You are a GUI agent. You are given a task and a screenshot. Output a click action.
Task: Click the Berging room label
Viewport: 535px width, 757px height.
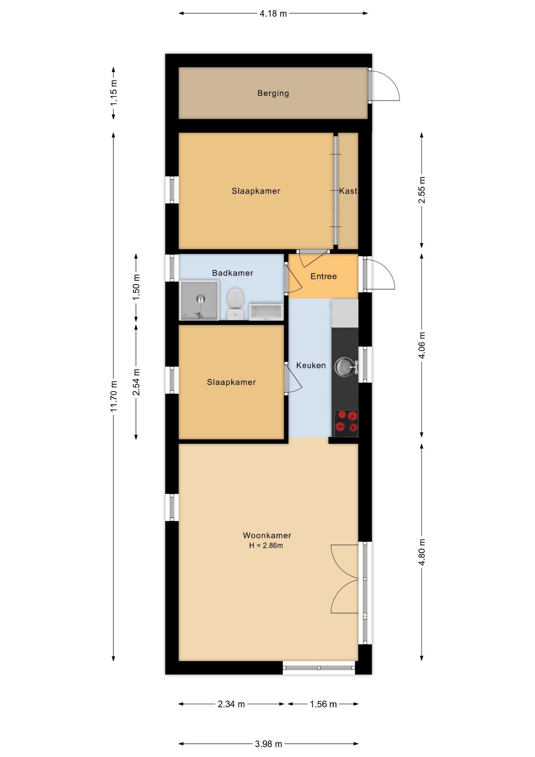click(273, 93)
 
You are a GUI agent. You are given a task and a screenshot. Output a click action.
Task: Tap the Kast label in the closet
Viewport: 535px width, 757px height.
click(348, 191)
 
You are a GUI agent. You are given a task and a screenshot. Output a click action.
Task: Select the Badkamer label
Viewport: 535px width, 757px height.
click(232, 273)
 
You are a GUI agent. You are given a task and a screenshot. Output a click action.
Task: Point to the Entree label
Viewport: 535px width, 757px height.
click(323, 276)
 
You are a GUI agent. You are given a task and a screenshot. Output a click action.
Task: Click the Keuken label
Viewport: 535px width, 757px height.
click(311, 365)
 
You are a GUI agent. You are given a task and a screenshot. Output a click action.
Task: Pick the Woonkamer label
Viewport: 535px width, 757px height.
click(267, 535)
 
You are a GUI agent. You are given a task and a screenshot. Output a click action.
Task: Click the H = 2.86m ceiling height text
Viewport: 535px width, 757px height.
click(266, 546)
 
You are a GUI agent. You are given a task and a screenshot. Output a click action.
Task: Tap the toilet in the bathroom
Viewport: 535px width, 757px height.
click(235, 304)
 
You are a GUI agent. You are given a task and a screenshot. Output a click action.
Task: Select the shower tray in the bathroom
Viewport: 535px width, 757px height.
click(199, 300)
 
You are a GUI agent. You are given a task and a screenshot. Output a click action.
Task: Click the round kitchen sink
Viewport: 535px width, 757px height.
click(345, 367)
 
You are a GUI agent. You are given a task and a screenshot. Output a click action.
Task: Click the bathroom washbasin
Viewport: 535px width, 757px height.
click(266, 311)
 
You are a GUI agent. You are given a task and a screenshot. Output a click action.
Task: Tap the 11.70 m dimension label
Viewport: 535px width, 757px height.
click(113, 396)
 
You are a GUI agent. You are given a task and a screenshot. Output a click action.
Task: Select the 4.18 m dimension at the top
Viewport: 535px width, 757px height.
click(273, 13)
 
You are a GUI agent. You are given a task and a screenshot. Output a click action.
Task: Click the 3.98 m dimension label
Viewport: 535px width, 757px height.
click(268, 744)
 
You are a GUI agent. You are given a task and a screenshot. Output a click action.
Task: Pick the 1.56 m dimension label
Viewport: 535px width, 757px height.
click(323, 704)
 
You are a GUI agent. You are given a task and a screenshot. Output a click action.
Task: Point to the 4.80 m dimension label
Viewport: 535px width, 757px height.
click(422, 552)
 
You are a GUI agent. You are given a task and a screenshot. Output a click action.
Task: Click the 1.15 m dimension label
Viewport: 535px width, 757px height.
click(113, 93)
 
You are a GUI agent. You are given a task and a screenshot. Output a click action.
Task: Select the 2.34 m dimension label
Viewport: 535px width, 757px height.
click(231, 704)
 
